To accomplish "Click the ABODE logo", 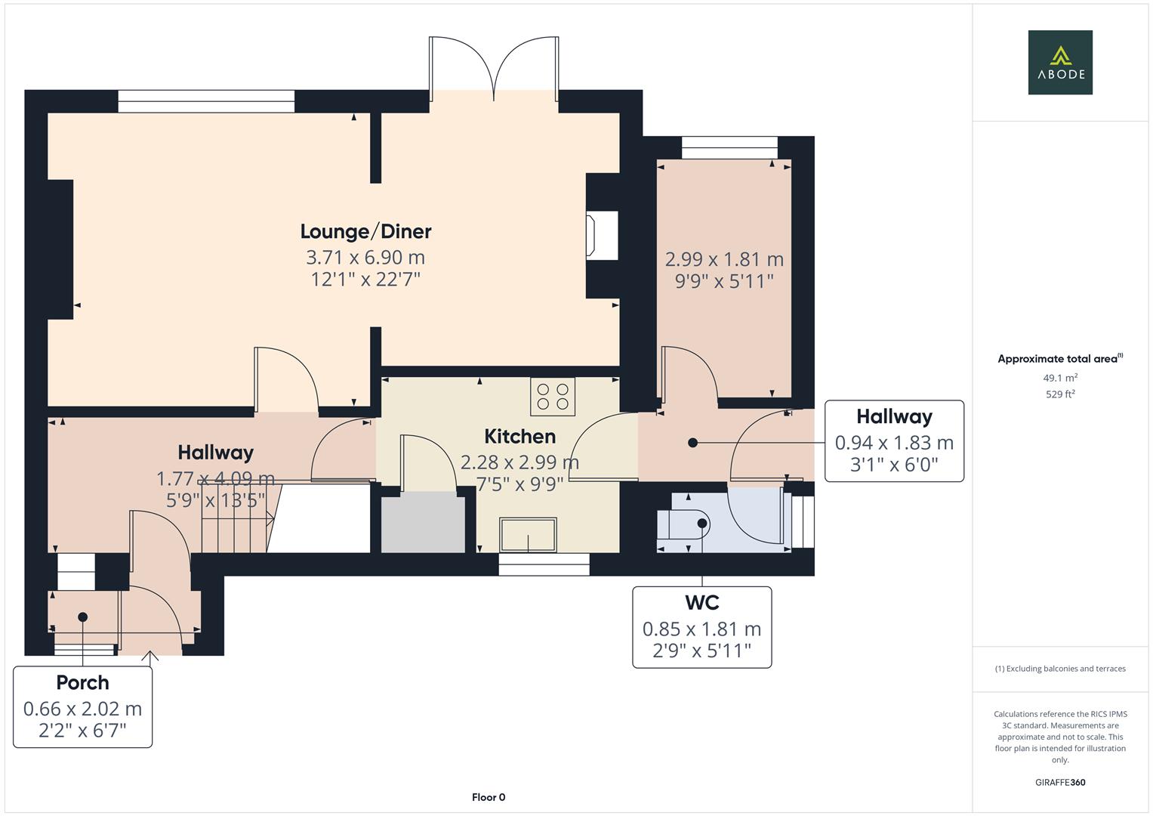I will point(1059,63).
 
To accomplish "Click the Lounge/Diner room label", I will point(365,231).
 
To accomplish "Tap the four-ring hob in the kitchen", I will point(552,397).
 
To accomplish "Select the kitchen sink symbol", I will point(528,535).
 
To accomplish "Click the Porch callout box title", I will point(82,683).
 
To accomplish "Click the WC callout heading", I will point(701,603).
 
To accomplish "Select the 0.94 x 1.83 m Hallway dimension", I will point(894,443).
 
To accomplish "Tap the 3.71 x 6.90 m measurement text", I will point(365,257).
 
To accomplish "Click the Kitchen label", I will point(519,436).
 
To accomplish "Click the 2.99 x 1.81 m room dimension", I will point(724,259).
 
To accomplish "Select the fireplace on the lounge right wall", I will point(602,236).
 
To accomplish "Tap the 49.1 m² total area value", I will point(1060,378).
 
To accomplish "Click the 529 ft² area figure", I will point(1060,394).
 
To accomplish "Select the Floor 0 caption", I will point(488,797).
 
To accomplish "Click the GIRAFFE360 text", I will point(1060,782).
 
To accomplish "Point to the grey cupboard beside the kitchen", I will point(423,522).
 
